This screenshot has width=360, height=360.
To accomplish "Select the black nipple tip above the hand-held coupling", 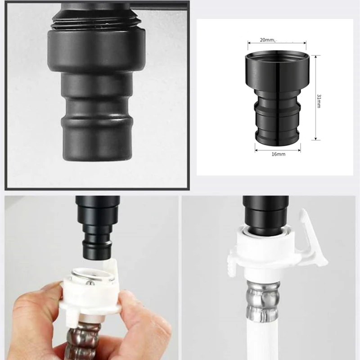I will click(x=96, y=247).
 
